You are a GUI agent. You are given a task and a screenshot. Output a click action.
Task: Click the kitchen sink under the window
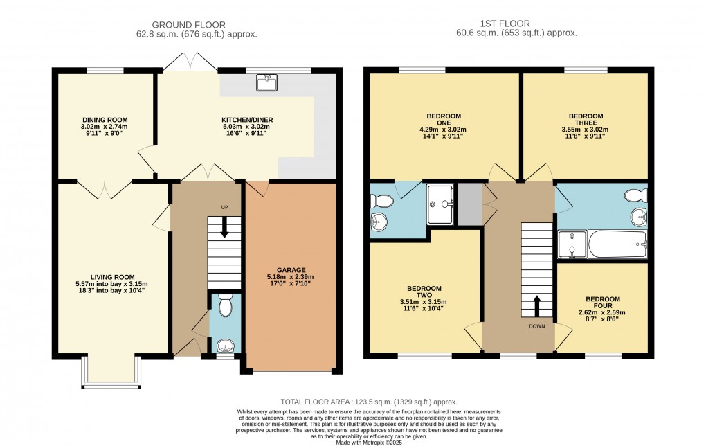point(267,82)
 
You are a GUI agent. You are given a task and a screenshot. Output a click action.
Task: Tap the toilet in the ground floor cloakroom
point(225,305)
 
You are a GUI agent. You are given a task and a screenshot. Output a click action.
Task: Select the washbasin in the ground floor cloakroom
point(225,346)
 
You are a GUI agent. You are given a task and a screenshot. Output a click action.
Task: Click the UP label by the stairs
point(225,207)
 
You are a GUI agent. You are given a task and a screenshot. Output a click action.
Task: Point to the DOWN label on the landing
point(536,326)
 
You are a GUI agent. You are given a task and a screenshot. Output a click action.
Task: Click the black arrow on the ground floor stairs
point(224,229)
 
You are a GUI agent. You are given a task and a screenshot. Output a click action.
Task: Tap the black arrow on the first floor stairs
point(536,306)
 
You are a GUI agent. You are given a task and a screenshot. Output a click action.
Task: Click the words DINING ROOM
point(105,120)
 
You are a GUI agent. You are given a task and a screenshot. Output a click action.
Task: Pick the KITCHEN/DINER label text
point(247,120)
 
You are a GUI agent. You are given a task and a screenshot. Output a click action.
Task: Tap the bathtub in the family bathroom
point(617,244)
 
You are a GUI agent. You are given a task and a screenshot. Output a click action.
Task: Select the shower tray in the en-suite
point(440,204)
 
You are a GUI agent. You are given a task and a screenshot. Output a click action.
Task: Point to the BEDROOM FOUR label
point(603,302)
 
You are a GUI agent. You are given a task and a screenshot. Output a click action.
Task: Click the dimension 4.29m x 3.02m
point(443,130)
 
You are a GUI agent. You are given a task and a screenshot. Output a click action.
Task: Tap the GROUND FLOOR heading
point(189,25)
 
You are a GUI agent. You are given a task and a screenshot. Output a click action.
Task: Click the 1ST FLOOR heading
point(505,24)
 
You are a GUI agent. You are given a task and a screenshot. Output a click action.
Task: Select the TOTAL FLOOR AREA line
point(369,402)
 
